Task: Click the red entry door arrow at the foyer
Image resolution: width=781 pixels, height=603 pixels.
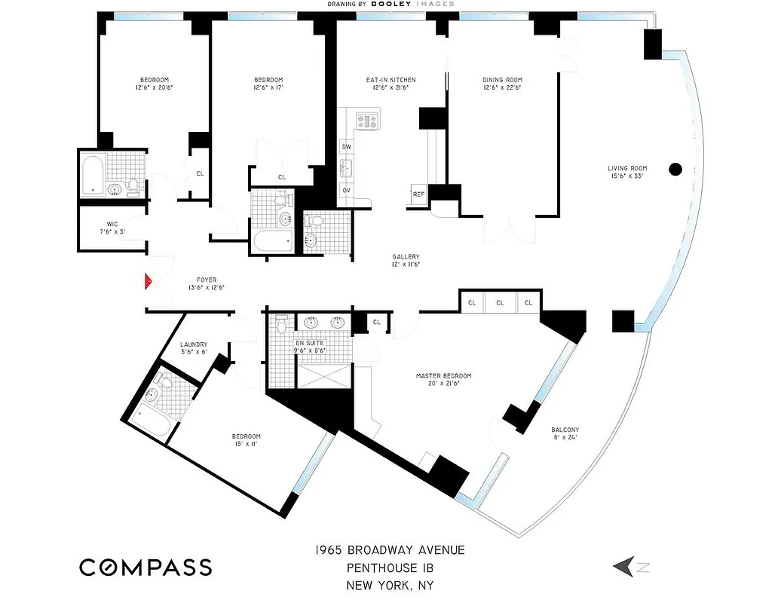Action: point(149,282)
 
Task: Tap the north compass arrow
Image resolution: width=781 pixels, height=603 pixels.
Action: point(625,566)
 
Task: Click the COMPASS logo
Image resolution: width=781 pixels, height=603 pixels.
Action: point(145,567)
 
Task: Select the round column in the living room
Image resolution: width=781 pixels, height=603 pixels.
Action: point(676,169)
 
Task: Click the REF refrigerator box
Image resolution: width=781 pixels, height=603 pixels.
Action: point(418,194)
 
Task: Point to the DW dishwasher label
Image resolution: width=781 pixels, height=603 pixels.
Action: point(347,146)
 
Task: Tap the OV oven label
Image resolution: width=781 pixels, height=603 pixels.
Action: point(347,190)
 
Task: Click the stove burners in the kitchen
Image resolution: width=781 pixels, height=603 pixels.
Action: point(367,120)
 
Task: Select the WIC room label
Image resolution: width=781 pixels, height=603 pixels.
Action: point(112,223)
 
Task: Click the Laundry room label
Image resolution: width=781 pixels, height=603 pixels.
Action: point(194,344)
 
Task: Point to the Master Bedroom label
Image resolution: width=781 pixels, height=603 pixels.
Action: point(443,375)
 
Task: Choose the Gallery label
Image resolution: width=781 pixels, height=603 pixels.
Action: point(406,256)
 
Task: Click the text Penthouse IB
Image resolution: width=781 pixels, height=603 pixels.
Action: point(390,568)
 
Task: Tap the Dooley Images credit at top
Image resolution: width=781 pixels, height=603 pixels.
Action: point(390,4)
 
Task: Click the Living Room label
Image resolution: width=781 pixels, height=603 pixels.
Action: point(628,168)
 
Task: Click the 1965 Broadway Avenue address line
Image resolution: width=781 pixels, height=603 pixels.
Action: point(390,549)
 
